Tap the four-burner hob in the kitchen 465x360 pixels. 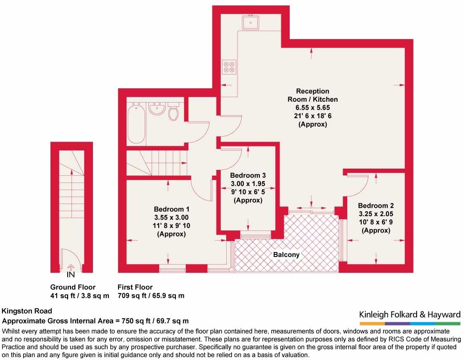point(229,67)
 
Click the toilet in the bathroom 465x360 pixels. point(174,112)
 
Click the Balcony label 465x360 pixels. point(286,255)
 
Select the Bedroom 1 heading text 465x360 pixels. point(172,209)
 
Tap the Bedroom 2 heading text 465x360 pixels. point(376,206)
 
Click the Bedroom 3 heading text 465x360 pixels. point(248,175)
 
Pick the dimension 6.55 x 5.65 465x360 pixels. point(312,108)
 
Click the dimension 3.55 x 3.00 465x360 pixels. point(172,217)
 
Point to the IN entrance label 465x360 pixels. point(71,275)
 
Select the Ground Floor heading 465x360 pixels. point(73,287)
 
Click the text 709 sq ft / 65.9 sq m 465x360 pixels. point(151,296)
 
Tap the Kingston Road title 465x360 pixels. point(27,311)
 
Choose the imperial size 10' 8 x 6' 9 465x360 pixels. point(376,222)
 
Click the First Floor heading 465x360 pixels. point(135,287)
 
